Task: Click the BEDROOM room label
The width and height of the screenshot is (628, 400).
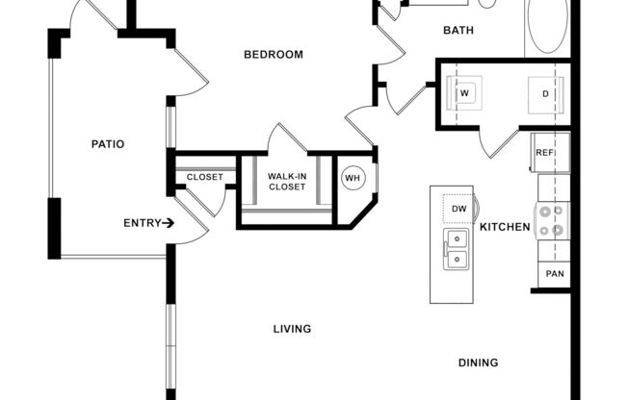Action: point(273,55)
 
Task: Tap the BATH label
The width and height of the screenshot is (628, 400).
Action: point(458,31)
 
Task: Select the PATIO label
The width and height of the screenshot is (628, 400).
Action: point(108,144)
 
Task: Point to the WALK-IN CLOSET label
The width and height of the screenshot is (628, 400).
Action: point(287,181)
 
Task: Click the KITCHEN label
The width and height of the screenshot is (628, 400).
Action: point(506,228)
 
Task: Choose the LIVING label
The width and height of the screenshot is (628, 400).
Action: point(292,329)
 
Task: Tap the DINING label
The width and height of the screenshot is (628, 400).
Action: point(478,362)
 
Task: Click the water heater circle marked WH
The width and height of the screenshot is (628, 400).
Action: point(353,177)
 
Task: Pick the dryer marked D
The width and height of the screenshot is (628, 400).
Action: point(545,94)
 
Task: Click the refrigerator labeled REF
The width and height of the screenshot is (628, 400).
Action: point(545,153)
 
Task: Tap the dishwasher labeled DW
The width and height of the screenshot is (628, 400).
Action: point(459,209)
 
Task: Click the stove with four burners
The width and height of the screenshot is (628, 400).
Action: point(552,220)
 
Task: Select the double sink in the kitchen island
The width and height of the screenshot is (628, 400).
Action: point(454,250)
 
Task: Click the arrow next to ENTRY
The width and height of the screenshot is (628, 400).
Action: point(169,223)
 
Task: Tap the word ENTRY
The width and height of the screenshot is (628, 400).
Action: point(142,223)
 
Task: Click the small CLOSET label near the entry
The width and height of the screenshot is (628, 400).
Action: point(204,177)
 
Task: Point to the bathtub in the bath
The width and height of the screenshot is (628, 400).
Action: point(546,27)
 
